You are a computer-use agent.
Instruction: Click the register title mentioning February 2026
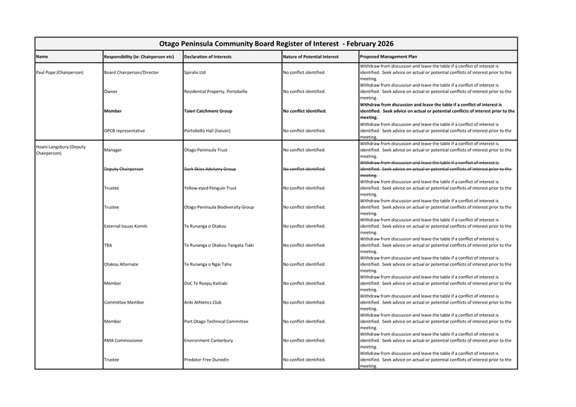pyautogui.click(x=276, y=44)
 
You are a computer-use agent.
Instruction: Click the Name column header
pyautogui.click(x=42, y=56)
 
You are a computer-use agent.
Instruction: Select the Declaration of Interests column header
pyautogui.click(x=208, y=56)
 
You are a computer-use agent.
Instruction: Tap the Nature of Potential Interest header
pyautogui.click(x=311, y=56)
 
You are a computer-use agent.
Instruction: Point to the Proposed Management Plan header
pyautogui.click(x=388, y=56)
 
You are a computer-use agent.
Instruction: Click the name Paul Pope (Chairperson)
pyautogui.click(x=62, y=73)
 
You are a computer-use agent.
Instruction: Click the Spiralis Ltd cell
pyautogui.click(x=195, y=73)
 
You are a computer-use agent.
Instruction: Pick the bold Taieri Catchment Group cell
pyautogui.click(x=208, y=111)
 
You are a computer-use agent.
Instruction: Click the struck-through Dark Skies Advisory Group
pyautogui.click(x=210, y=169)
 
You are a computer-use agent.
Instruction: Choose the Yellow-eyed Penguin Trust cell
pyautogui.click(x=210, y=188)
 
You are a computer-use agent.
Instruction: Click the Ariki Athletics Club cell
pyautogui.click(x=203, y=302)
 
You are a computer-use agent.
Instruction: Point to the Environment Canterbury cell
pyautogui.click(x=208, y=340)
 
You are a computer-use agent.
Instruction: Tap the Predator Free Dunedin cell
pyautogui.click(x=206, y=359)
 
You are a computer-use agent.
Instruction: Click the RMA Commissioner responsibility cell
pyautogui.click(x=123, y=340)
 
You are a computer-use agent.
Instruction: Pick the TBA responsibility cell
pyautogui.click(x=108, y=245)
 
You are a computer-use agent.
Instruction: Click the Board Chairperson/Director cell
pyautogui.click(x=132, y=73)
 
